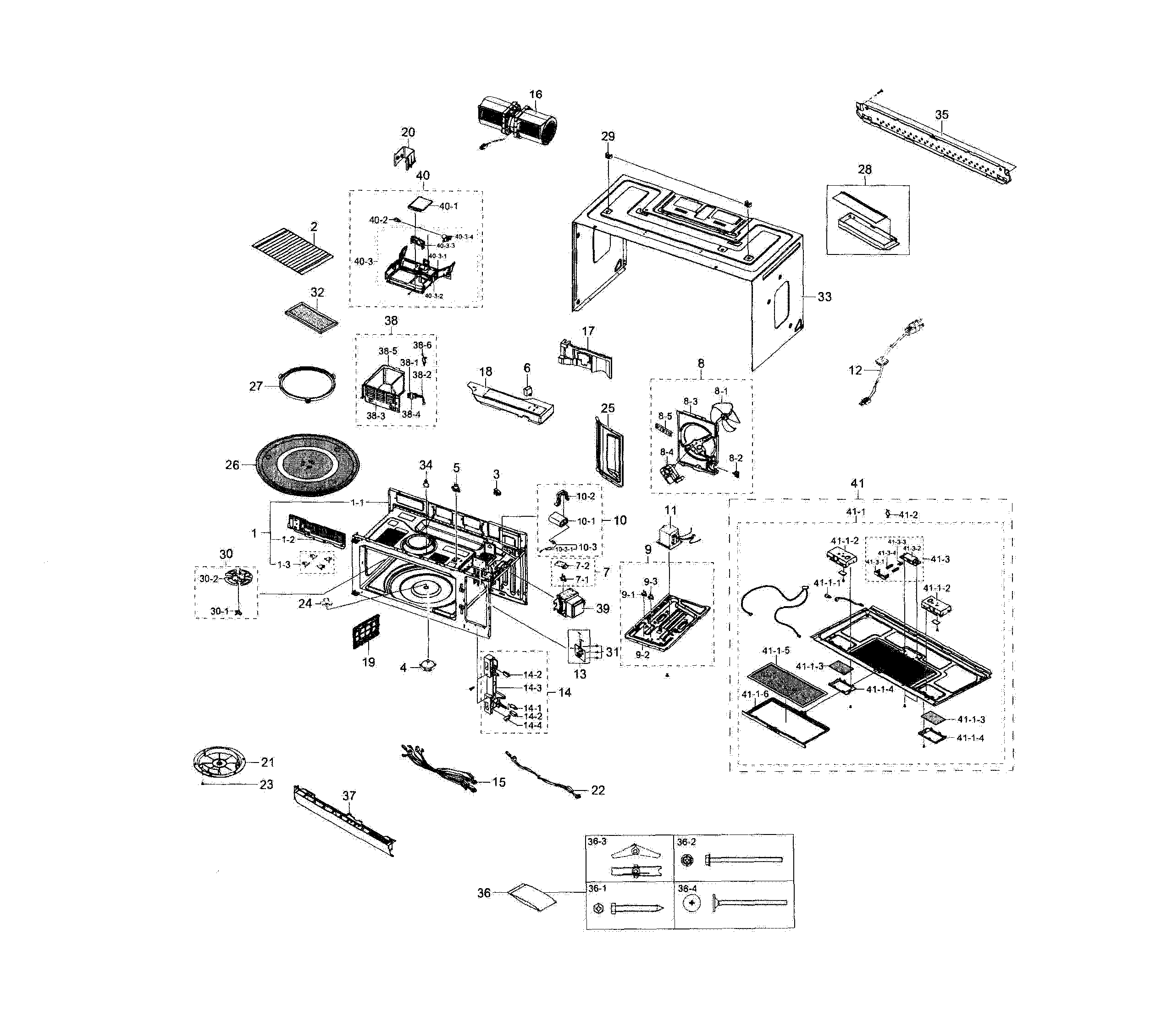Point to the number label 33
tap(824, 297)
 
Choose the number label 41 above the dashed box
tap(857, 483)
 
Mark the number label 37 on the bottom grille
tap(349, 795)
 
